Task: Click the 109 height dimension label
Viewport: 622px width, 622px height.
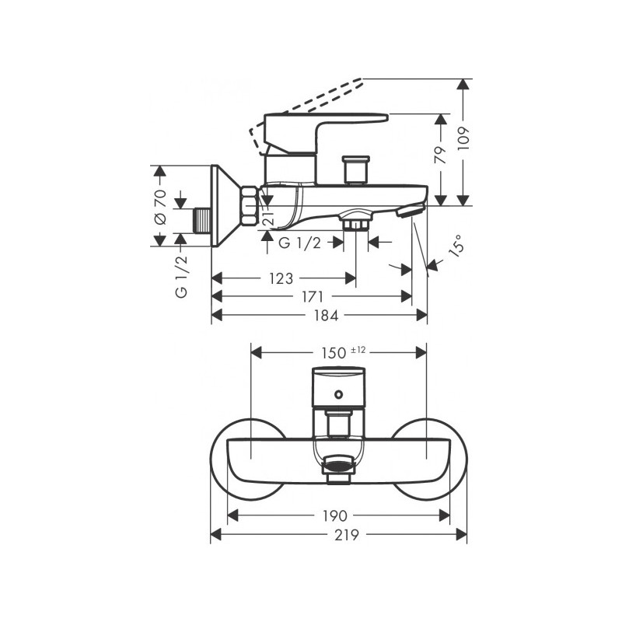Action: pos(463,138)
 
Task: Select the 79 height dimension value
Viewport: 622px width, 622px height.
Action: pos(441,154)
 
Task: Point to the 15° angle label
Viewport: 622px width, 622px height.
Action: pos(456,246)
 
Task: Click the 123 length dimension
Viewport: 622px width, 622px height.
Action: pos(281,278)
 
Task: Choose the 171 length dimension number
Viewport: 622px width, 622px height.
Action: pos(313,297)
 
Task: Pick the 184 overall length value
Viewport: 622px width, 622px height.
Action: pos(326,316)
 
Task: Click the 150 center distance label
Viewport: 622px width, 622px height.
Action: pos(334,353)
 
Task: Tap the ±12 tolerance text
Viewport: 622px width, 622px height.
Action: pos(358,350)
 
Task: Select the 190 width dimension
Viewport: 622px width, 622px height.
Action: pos(335,515)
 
